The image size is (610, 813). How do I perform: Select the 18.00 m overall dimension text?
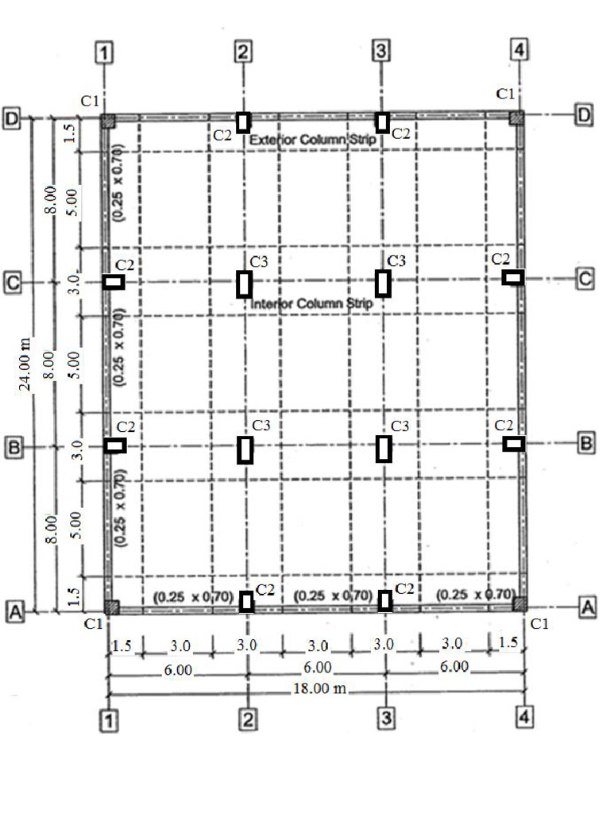click(320, 688)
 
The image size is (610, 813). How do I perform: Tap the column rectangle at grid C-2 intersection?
click(244, 283)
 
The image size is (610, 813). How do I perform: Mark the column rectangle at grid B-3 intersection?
click(384, 449)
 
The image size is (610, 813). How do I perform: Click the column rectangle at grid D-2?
click(244, 122)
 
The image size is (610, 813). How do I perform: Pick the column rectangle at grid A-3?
click(384, 601)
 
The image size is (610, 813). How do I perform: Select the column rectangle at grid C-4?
click(513, 276)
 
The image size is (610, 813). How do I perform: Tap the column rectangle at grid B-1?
click(115, 446)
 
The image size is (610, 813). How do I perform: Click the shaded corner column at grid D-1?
click(109, 121)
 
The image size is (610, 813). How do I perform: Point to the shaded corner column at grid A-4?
click(519, 604)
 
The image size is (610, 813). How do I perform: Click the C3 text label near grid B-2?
click(261, 426)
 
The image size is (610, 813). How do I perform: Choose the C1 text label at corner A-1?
click(93, 623)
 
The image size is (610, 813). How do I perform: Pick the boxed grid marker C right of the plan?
click(585, 279)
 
